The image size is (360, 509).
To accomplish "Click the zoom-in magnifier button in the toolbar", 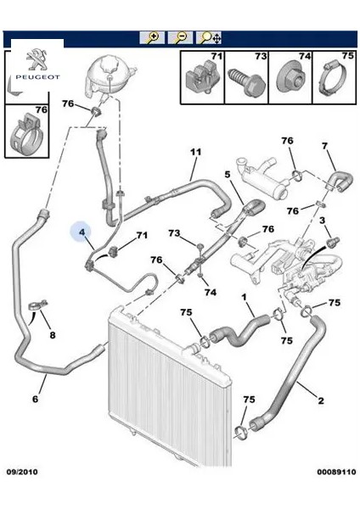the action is (x=152, y=37).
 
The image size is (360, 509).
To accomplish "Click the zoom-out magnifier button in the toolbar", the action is (x=180, y=37).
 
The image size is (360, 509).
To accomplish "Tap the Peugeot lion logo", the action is (x=37, y=59).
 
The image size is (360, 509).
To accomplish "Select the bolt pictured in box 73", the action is (x=247, y=81).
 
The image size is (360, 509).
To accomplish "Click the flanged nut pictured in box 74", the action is (x=290, y=79).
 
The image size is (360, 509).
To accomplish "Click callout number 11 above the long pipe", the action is (x=195, y=152).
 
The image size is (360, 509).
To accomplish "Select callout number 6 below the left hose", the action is (x=35, y=399).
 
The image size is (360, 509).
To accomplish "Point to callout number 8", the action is (x=53, y=335).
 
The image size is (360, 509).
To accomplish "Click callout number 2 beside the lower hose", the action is (x=321, y=400).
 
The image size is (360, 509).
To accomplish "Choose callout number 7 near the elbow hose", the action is (x=324, y=147).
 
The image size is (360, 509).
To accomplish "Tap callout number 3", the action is (x=322, y=221).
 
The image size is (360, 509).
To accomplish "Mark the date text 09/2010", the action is (x=21, y=472).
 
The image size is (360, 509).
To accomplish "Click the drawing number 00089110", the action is (x=336, y=472).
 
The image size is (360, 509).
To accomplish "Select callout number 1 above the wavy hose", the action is (x=244, y=297).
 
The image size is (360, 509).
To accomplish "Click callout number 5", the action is (x=227, y=175).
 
